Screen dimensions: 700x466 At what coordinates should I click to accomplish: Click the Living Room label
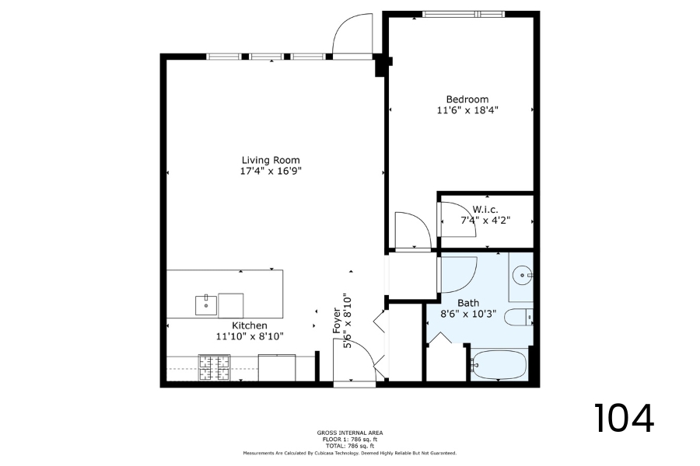pyautogui.click(x=271, y=160)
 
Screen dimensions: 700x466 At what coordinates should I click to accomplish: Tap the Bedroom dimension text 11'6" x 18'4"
pyautogui.click(x=467, y=110)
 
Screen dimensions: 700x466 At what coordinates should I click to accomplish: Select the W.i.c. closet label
pyautogui.click(x=485, y=209)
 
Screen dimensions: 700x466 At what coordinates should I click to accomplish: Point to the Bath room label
pyautogui.click(x=468, y=303)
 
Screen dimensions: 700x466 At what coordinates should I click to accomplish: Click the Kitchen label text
pyautogui.click(x=250, y=325)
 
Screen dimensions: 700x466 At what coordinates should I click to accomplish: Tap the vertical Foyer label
pyautogui.click(x=337, y=321)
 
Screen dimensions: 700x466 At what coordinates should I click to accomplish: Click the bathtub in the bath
pyautogui.click(x=499, y=365)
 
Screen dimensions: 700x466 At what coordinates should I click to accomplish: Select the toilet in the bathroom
pyautogui.click(x=519, y=318)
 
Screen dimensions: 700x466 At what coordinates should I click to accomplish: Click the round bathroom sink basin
pyautogui.click(x=521, y=275)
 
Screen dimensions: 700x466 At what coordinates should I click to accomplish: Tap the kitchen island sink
pyautogui.click(x=206, y=305)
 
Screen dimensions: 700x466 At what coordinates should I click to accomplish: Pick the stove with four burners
pyautogui.click(x=215, y=368)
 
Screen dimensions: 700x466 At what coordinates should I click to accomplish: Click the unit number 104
pyautogui.click(x=624, y=418)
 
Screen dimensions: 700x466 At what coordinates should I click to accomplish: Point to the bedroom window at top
pyautogui.click(x=464, y=14)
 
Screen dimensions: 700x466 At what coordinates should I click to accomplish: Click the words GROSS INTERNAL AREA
pyautogui.click(x=350, y=433)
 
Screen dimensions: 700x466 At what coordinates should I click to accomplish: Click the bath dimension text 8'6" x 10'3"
pyautogui.click(x=468, y=314)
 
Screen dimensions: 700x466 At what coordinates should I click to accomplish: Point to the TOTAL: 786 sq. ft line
pyautogui.click(x=350, y=446)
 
